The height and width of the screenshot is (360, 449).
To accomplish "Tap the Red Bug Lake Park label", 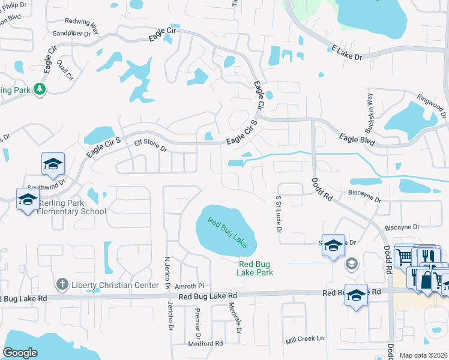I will [256, 268].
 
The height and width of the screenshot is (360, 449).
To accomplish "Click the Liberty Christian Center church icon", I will [61, 283].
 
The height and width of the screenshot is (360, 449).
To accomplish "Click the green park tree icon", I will [40, 89].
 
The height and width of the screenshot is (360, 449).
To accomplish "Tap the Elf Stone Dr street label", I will [150, 145].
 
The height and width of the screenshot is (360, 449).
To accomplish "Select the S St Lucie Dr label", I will [279, 211].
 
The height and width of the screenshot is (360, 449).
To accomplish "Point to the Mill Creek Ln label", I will [304, 339].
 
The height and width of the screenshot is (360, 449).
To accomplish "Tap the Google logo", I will [20, 353].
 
